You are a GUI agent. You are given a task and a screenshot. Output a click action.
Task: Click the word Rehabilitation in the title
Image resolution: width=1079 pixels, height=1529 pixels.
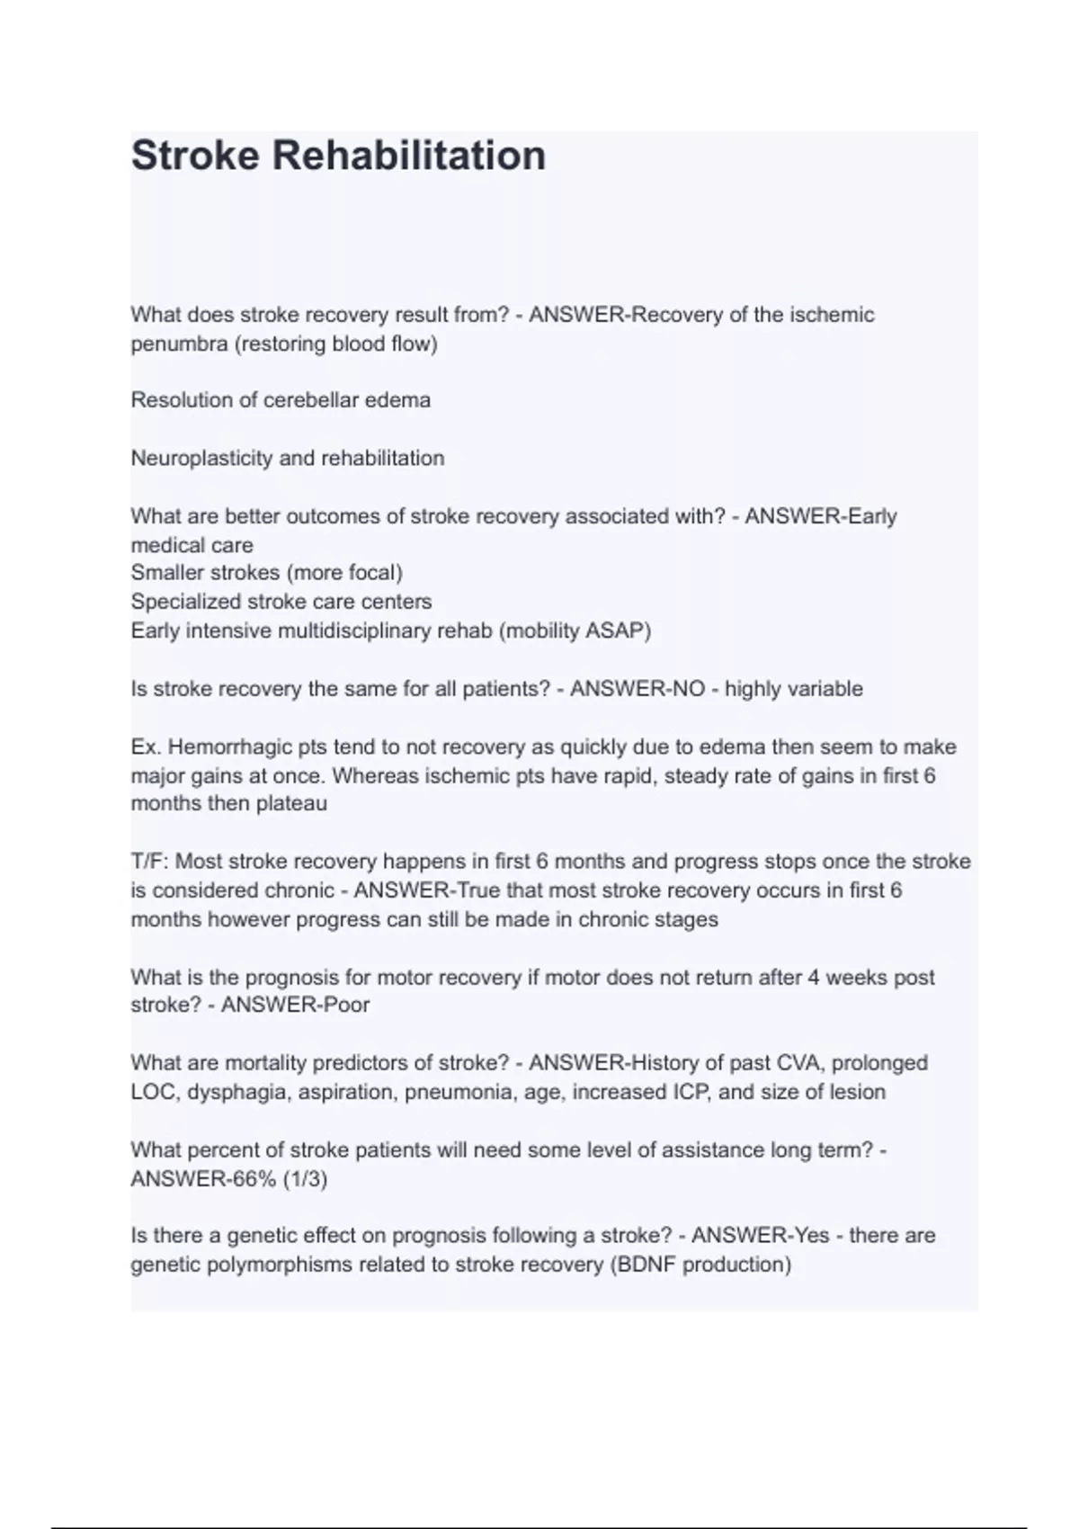click(408, 155)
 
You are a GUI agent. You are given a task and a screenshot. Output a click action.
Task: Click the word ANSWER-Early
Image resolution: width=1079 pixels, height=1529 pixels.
click(821, 516)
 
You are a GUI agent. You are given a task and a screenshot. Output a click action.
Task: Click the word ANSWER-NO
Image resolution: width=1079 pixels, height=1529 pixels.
click(638, 689)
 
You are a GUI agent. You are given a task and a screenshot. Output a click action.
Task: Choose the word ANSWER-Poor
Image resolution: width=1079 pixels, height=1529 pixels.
click(295, 1005)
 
